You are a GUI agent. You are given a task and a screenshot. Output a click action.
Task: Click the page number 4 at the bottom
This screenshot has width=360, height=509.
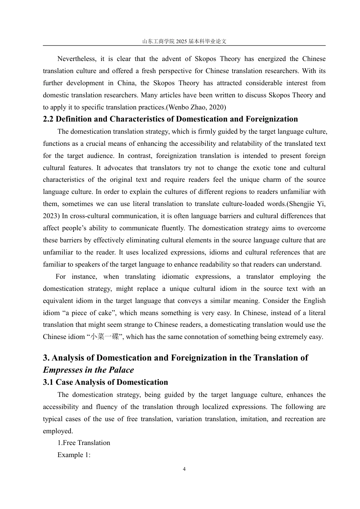coord(184,469)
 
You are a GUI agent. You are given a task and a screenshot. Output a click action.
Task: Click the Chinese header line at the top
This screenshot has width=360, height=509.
coord(184,41)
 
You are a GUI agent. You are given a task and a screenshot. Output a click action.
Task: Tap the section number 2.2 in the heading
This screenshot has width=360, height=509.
coord(48,119)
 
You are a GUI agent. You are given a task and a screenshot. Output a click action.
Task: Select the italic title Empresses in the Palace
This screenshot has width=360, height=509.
coord(88,370)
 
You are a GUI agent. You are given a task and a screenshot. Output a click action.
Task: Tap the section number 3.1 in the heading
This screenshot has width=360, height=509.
coord(48,383)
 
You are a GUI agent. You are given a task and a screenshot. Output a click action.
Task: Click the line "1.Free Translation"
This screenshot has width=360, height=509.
coord(84,443)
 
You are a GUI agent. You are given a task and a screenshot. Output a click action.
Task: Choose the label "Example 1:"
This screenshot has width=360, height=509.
coord(74,455)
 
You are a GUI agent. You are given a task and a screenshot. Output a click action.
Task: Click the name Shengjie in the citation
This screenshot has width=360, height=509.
coord(302,204)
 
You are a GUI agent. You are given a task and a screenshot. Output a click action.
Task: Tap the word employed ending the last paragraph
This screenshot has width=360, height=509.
coord(58,431)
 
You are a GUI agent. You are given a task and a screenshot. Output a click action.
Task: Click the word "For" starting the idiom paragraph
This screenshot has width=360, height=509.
coord(61,277)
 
